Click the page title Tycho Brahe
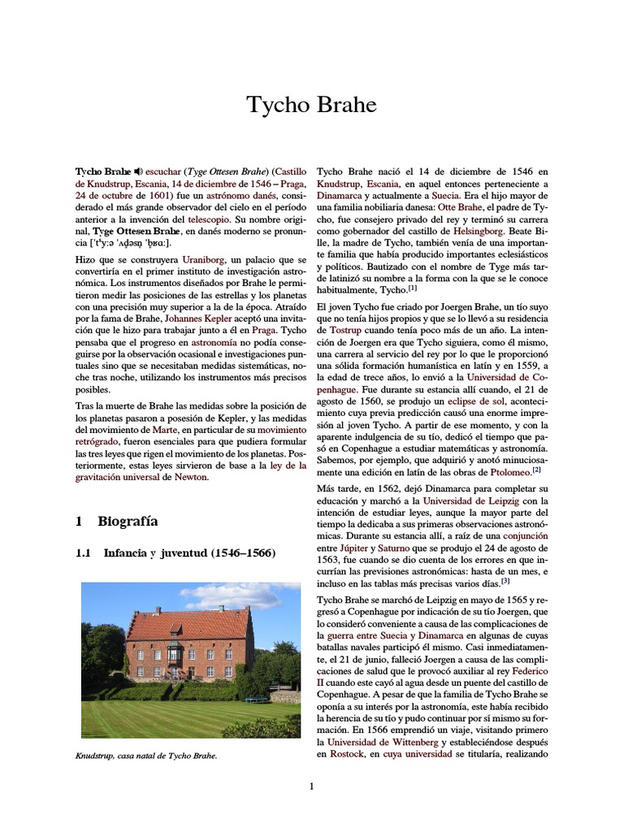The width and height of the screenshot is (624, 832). tap(312, 105)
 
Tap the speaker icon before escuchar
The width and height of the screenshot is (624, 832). tap(138, 172)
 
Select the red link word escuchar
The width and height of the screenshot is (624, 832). tap(162, 172)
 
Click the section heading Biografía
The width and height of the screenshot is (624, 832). tap(128, 521)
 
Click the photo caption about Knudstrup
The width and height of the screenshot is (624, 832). tap(146, 756)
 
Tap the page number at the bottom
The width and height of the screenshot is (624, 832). tap(311, 786)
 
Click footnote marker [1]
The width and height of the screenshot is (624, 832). tap(413, 288)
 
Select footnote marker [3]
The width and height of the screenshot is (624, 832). tap(505, 581)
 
